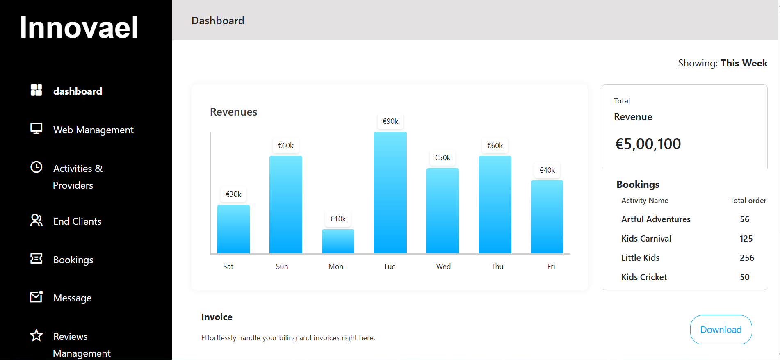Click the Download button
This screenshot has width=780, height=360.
pyautogui.click(x=721, y=330)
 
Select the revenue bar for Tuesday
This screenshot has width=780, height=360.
pyautogui.click(x=390, y=192)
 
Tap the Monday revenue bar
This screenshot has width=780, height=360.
pyautogui.click(x=338, y=241)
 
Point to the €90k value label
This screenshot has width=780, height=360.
pyautogui.click(x=390, y=121)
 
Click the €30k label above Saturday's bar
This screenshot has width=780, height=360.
pyautogui.click(x=233, y=194)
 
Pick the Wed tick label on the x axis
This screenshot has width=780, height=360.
pyautogui.click(x=443, y=267)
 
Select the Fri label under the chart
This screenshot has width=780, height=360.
pyautogui.click(x=551, y=267)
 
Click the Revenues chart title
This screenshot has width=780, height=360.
pyautogui.click(x=233, y=112)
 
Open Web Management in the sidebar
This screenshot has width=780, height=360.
pyautogui.click(x=94, y=130)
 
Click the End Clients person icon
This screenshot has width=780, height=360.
pyautogui.click(x=36, y=220)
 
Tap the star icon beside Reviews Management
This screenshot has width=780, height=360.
pyautogui.click(x=36, y=335)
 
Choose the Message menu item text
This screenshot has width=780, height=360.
pyautogui.click(x=73, y=298)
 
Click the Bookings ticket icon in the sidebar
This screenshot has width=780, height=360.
pyautogui.click(x=36, y=258)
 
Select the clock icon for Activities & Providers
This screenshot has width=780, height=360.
pyautogui.click(x=36, y=167)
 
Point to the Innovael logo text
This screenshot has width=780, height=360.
pyautogui.click(x=79, y=27)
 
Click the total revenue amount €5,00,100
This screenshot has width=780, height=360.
pyautogui.click(x=648, y=144)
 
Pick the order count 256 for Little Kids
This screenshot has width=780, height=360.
pyautogui.click(x=747, y=258)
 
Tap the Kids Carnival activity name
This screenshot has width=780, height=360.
pyautogui.click(x=646, y=239)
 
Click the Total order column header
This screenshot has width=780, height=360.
pyautogui.click(x=748, y=201)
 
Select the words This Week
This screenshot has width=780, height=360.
pyautogui.click(x=744, y=63)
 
